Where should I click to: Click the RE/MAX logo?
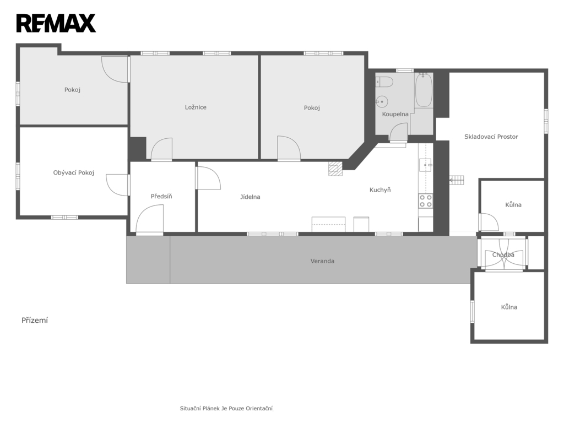click(56, 23)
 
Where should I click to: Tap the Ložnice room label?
click(196, 107)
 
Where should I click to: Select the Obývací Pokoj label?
click(74, 172)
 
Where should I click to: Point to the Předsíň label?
click(161, 197)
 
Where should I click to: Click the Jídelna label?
click(251, 197)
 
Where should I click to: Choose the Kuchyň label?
click(380, 190)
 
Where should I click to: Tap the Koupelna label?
click(395, 115)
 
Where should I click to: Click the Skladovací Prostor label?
click(491, 137)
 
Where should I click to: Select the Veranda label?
click(323, 261)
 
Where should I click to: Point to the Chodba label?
click(503, 254)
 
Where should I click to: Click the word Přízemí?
click(35, 321)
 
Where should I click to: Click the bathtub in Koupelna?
click(424, 90)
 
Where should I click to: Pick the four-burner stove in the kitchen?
click(426, 201)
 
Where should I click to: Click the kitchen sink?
click(426, 165)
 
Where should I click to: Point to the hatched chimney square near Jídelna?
click(335, 169)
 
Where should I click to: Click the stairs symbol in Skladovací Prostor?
click(457, 180)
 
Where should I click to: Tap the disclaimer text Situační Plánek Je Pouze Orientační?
click(226, 409)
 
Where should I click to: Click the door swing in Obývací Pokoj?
click(118, 185)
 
